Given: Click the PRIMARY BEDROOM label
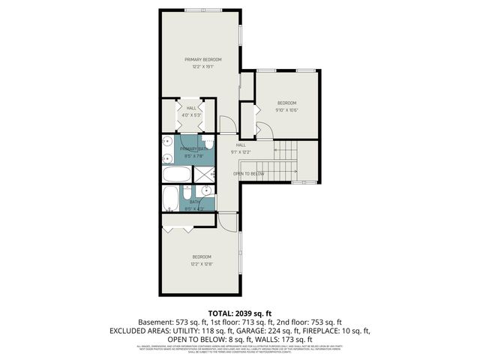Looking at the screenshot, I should pos(202,58).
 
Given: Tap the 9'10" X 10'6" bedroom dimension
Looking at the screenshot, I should pos(287,110).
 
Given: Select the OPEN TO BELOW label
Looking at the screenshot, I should pos(247,173).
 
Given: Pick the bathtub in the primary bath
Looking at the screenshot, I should pos(178,174).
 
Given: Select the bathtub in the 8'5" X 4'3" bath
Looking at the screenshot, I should pos(170,199).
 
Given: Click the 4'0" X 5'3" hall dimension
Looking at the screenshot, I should pos(191,115).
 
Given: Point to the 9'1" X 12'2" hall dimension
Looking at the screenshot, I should pos(241,151).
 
